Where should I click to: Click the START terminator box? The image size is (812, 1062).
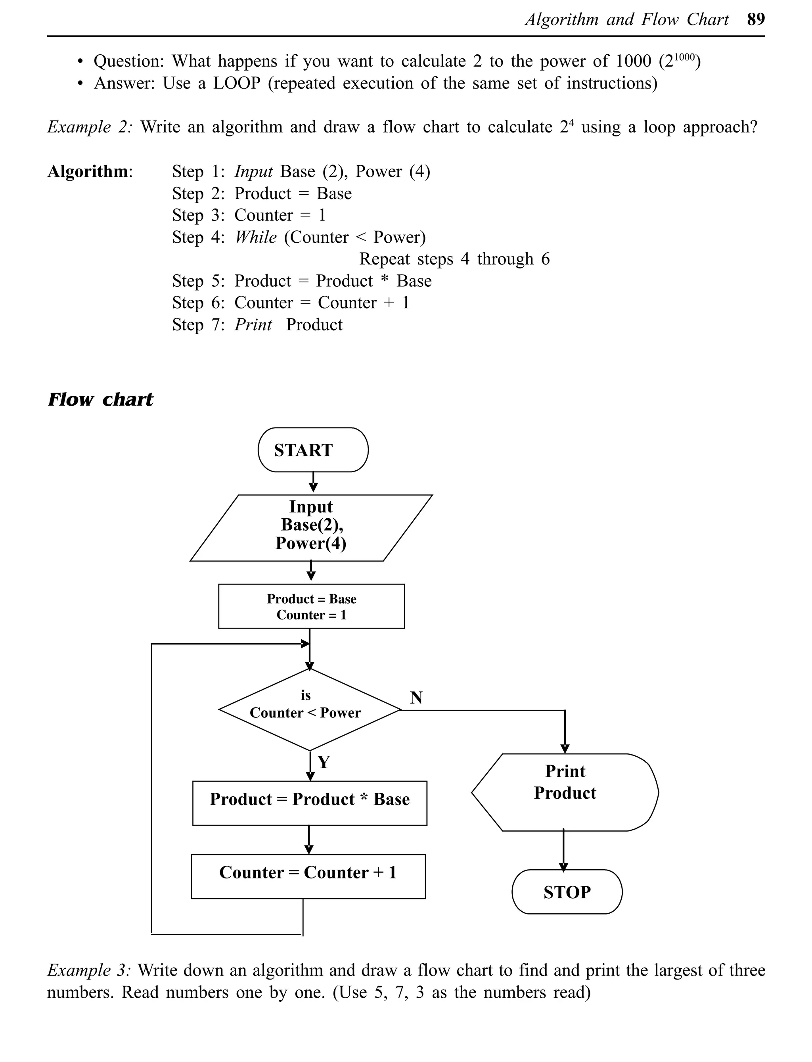[x=313, y=450]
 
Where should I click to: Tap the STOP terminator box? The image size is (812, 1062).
[x=567, y=892]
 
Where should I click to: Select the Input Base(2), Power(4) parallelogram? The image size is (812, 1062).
[x=311, y=527]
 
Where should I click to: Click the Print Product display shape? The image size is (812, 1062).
[x=565, y=792]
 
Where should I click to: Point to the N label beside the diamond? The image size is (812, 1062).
[x=416, y=698]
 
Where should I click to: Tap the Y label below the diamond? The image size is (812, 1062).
[x=324, y=762]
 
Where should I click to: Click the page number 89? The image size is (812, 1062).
[x=755, y=19]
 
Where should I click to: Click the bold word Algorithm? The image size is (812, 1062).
[x=88, y=171]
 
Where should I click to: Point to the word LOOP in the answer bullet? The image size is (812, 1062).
[x=236, y=83]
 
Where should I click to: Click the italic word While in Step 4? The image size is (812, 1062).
[x=256, y=237]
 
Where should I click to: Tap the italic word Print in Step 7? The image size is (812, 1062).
[x=253, y=324]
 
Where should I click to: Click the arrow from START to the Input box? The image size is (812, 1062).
[x=313, y=482]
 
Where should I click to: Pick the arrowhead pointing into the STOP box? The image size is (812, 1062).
[x=563, y=867]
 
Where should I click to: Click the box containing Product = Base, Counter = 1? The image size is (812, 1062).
[x=311, y=606]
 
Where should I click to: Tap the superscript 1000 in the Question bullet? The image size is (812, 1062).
[x=684, y=57]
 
